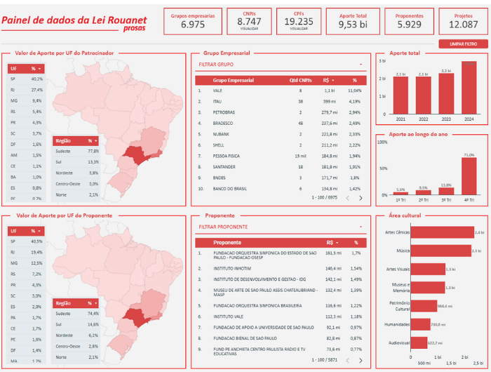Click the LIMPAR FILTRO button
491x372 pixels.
[x=464, y=44]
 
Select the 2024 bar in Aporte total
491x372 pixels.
[x=468, y=88]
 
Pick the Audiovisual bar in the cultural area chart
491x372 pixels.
[x=419, y=343]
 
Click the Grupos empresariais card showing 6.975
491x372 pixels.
[x=192, y=21]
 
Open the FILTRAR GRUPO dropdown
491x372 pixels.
[x=281, y=64]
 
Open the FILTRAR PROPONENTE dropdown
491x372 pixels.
[x=281, y=227]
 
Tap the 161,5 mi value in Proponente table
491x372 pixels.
[x=333, y=253]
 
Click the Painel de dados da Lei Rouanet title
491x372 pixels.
[x=74, y=20]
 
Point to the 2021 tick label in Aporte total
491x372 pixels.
[x=401, y=119]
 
